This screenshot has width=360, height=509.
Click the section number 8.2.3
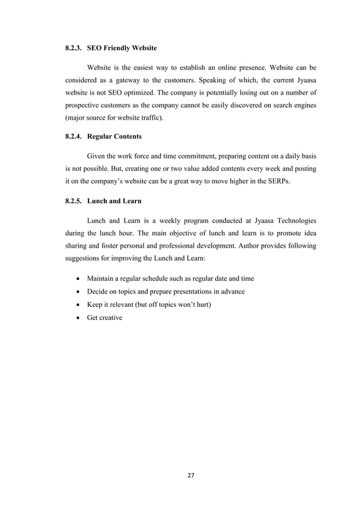[x=73, y=49]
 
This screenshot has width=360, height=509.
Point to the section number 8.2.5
[x=73, y=201]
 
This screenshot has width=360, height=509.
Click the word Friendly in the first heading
[x=121, y=49]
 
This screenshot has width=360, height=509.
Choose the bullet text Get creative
[x=104, y=318]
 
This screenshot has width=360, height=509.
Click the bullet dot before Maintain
[x=77, y=279]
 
